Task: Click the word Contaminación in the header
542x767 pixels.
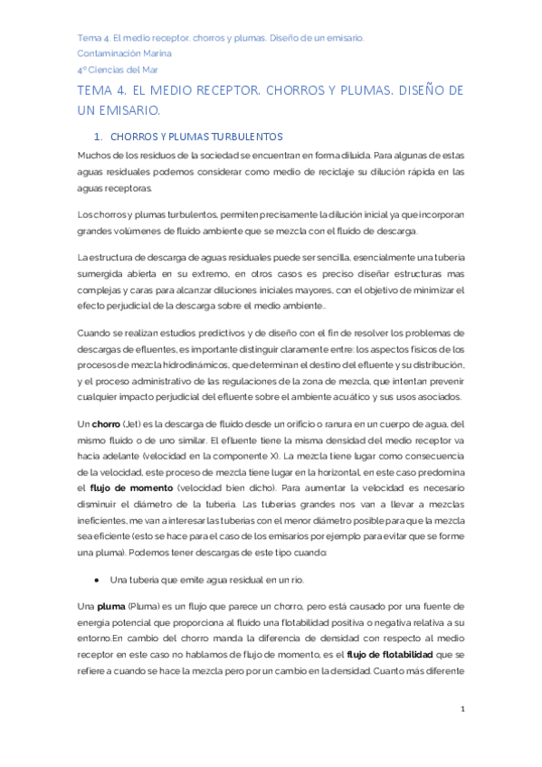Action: coord(109,53)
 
